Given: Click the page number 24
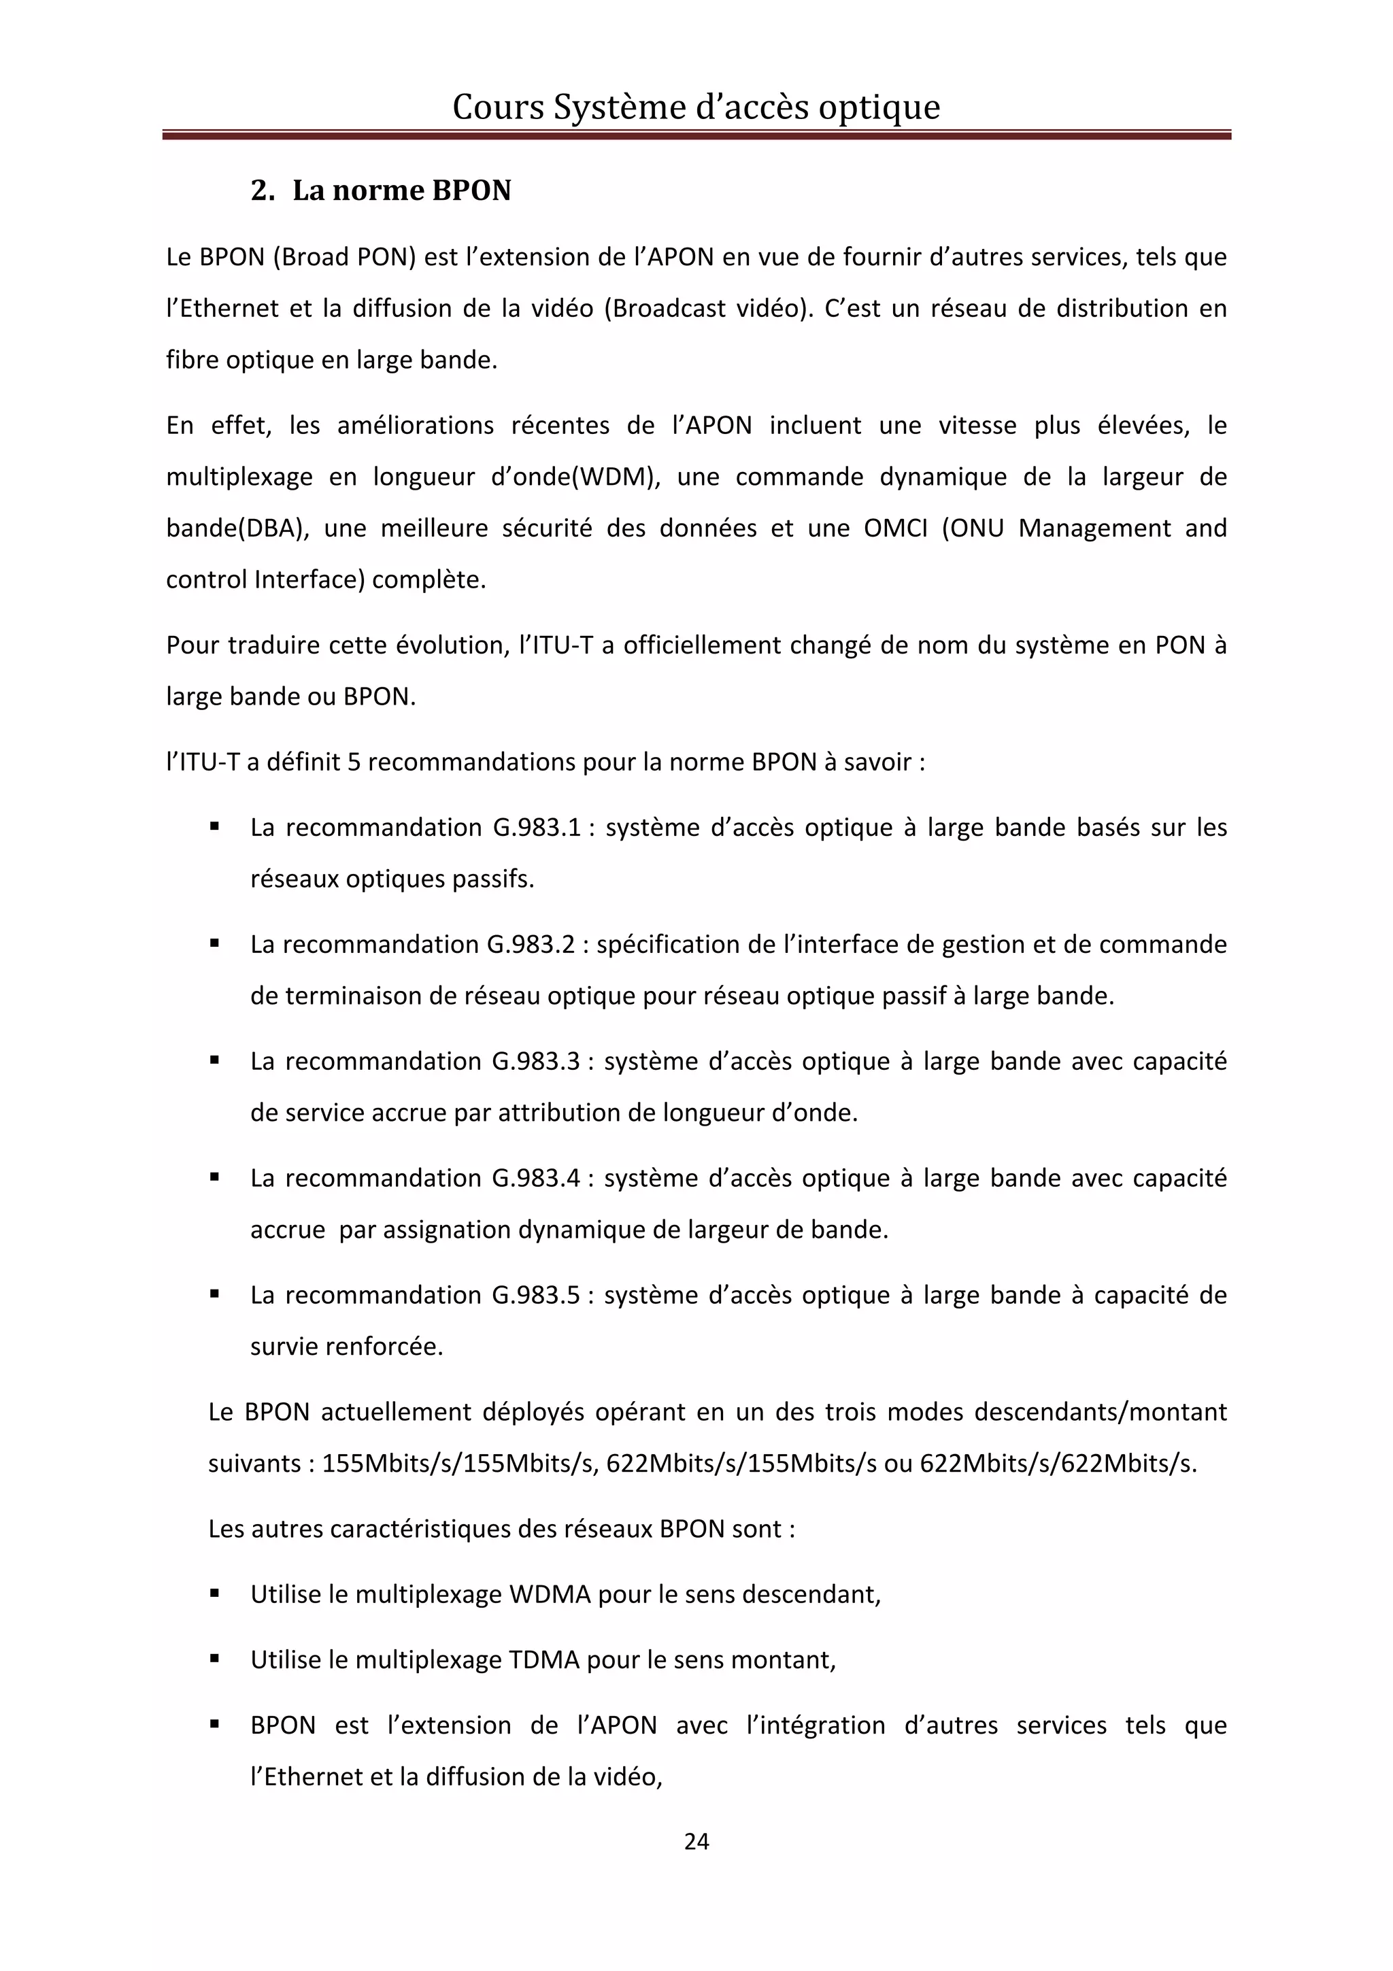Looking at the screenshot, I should pos(696,1840).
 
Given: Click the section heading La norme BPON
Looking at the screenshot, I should pos(401,190).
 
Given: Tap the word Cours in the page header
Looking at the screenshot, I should pos(498,107).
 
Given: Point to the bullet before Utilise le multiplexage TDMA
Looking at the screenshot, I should pos(214,1660).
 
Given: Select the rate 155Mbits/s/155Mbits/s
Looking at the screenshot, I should pos(459,1464).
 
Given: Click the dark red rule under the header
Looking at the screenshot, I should pos(696,135).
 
